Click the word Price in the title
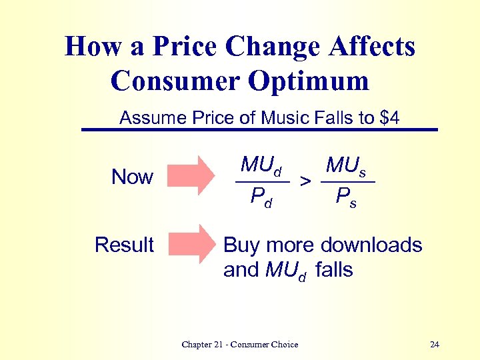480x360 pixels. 185,47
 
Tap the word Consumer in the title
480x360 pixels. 175,81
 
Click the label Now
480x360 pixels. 132,177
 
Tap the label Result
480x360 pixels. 124,245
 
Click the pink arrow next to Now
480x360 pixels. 192,175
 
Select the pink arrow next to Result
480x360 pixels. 192,243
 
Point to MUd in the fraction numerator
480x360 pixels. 261,165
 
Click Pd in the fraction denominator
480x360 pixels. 261,197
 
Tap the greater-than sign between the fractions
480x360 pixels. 305,181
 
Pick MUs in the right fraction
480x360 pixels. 345,165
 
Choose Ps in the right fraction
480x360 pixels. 346,197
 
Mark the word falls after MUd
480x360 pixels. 334,270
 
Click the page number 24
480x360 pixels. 435,345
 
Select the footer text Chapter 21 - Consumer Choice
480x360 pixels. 239,345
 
